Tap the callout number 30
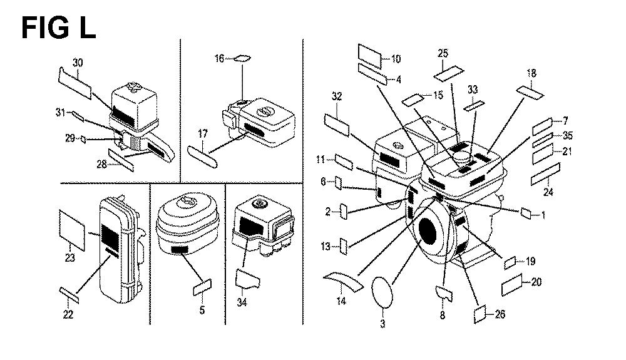tap(77, 63)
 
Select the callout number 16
tap(219, 59)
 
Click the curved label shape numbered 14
tap(346, 281)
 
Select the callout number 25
tap(443, 53)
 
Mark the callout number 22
tap(69, 314)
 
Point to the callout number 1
tap(543, 215)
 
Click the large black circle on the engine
tap(431, 230)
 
